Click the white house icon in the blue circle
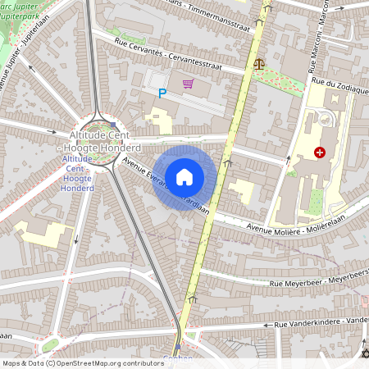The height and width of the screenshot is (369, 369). tap(184, 176)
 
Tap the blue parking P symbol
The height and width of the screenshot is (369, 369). tap(162, 93)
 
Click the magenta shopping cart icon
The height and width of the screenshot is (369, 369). tap(189, 84)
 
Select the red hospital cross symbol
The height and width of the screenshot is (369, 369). tap(320, 152)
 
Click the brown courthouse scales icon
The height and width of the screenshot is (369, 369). tap(260, 62)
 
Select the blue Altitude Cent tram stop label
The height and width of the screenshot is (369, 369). tap(78, 173)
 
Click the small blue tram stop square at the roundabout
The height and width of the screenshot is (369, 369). tap(113, 125)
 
